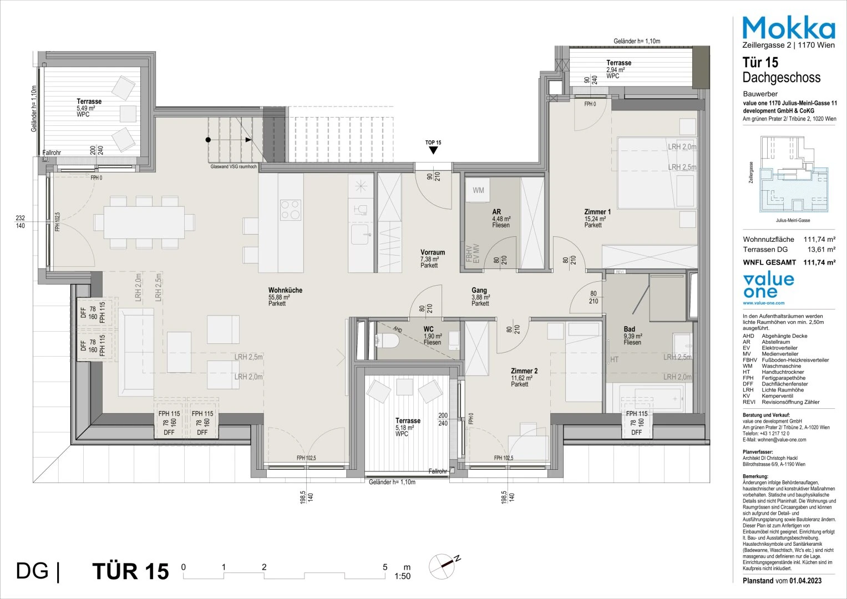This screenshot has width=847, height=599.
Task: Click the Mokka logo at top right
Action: point(788,27)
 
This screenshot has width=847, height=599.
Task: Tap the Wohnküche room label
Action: point(285,291)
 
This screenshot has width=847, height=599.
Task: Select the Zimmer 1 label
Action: point(597,212)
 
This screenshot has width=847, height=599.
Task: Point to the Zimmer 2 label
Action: point(524,371)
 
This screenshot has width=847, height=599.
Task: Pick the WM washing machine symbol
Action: point(478,191)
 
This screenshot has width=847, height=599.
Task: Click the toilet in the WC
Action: point(388,340)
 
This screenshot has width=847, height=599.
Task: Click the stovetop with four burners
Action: point(291,210)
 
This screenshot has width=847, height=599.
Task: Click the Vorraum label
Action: point(433,252)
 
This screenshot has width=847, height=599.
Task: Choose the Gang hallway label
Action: point(479,290)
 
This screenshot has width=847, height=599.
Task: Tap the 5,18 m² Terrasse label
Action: point(407,421)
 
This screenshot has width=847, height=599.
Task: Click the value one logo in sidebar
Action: point(768,286)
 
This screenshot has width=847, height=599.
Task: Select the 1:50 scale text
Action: point(402,576)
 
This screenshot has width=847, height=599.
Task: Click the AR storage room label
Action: point(497,212)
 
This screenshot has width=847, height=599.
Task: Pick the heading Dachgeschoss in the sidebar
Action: point(781,77)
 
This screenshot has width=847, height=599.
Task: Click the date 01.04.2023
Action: point(804,581)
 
